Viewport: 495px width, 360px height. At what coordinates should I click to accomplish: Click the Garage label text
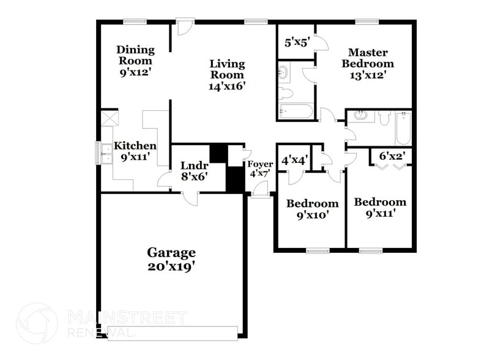(171, 252)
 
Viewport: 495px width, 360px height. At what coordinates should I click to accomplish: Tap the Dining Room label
(135, 55)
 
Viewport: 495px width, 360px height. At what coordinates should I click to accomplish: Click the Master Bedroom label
(367, 58)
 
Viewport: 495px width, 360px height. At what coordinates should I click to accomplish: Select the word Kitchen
(135, 146)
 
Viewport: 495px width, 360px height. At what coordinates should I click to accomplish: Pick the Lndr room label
(194, 165)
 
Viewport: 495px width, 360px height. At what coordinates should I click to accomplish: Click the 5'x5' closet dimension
(297, 43)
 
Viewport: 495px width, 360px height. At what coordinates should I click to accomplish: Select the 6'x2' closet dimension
(390, 157)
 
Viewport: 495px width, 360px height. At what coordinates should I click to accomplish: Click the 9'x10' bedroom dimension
(312, 215)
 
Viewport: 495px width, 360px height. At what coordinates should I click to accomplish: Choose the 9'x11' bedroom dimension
(379, 214)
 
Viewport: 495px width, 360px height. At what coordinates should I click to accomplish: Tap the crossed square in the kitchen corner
(110, 118)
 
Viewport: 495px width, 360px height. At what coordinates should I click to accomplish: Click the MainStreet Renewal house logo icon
(37, 323)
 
